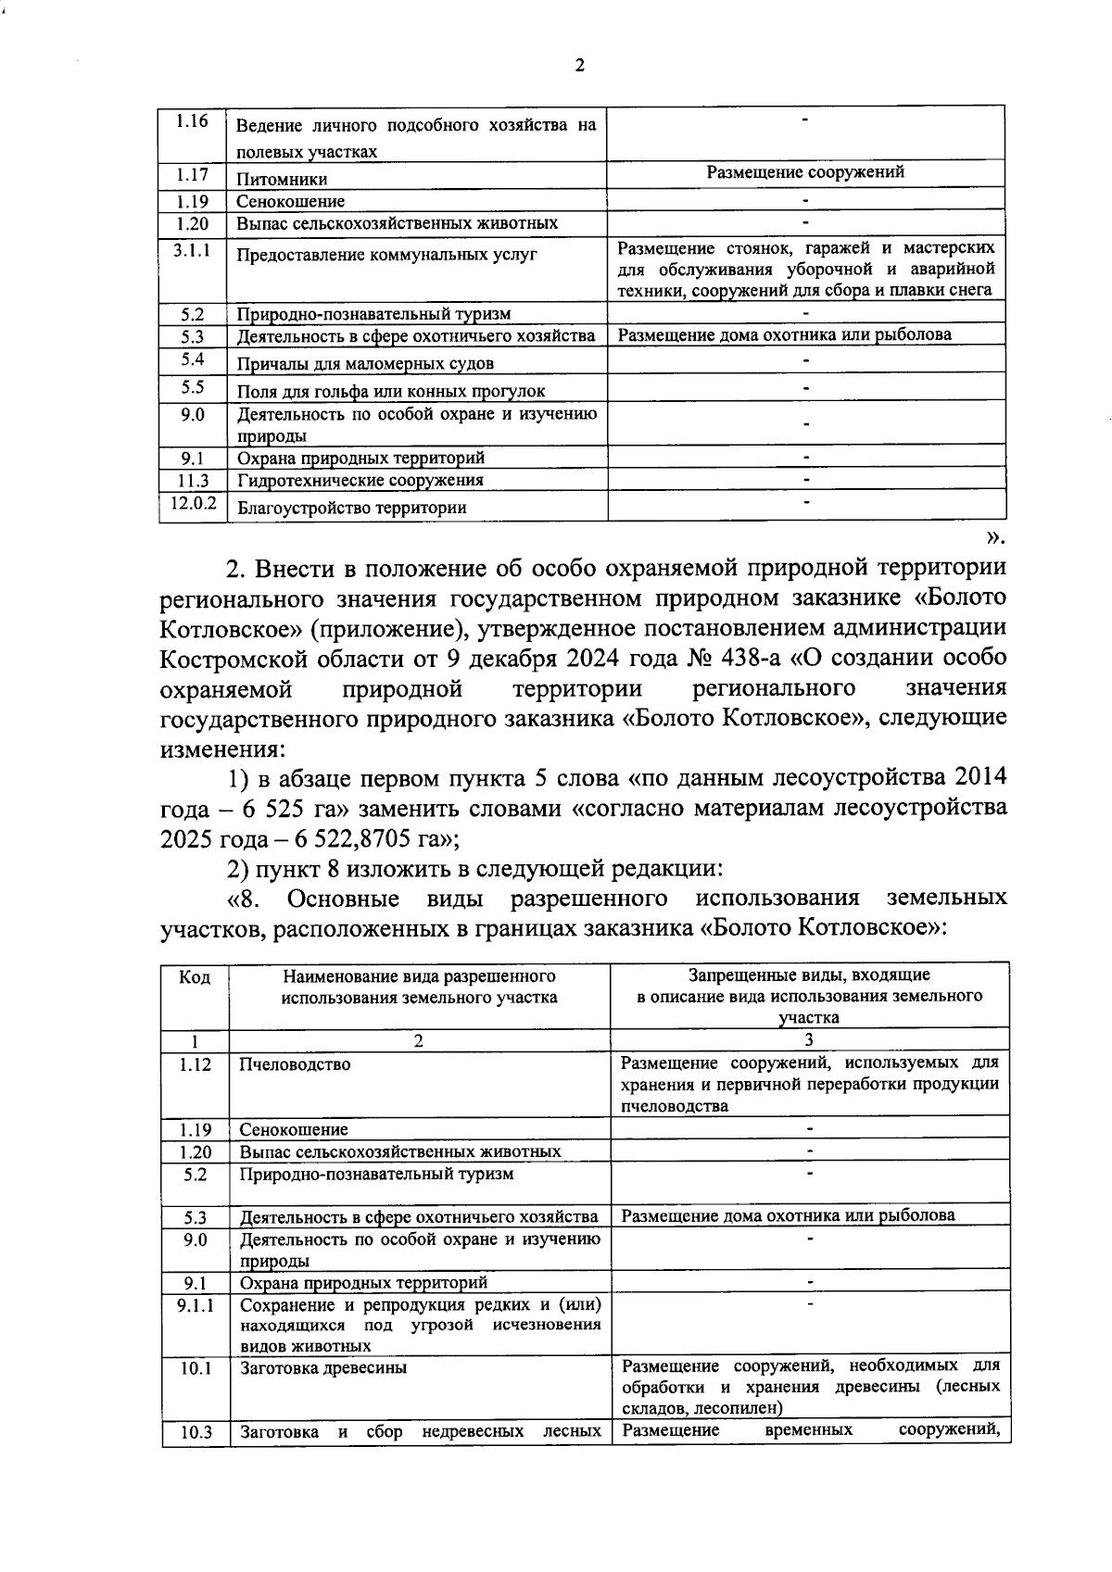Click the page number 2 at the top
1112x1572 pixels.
580,65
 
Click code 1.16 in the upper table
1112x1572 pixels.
192,122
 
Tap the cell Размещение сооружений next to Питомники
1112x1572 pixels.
805,172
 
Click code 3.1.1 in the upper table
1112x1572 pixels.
192,250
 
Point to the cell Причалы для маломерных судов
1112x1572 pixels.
365,363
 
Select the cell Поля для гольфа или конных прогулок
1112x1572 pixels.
391,391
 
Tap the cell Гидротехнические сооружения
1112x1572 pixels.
360,480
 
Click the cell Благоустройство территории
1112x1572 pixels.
351,508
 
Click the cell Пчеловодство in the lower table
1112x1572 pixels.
295,1064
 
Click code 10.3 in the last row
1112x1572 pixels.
196,1433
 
